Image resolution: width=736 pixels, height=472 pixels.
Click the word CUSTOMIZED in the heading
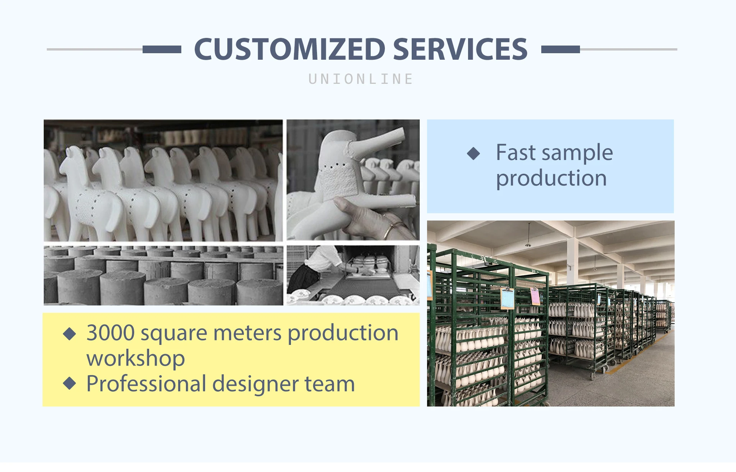tap(290, 49)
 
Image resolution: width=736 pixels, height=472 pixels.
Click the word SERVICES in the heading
tap(460, 49)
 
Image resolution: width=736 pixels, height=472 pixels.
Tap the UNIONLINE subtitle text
tap(361, 79)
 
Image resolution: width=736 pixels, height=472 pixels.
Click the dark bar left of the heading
tap(162, 49)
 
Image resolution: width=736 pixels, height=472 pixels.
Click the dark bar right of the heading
tap(560, 49)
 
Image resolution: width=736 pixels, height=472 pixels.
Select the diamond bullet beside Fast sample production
tap(473, 154)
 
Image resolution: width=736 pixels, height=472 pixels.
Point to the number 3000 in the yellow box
tap(110, 333)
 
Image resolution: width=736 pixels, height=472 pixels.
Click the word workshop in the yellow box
tap(136, 358)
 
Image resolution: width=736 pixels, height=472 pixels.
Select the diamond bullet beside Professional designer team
tap(69, 383)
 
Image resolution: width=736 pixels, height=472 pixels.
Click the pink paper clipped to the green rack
tap(535, 297)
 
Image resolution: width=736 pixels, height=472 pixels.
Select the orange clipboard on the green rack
tap(508, 299)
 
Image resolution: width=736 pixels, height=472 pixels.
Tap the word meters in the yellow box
tap(247, 333)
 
